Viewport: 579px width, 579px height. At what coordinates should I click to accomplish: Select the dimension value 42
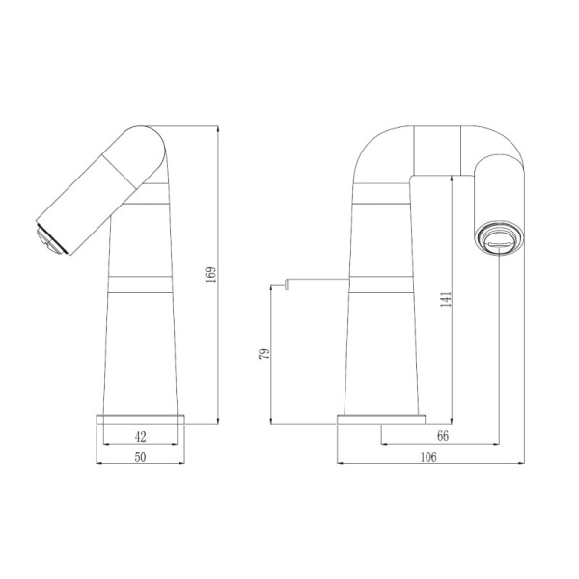[x=140, y=436]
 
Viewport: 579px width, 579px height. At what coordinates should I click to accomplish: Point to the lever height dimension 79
[x=263, y=354]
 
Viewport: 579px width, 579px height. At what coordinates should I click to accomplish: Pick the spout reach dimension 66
[x=443, y=436]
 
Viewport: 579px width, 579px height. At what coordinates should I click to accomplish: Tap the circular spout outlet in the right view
[x=497, y=237]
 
